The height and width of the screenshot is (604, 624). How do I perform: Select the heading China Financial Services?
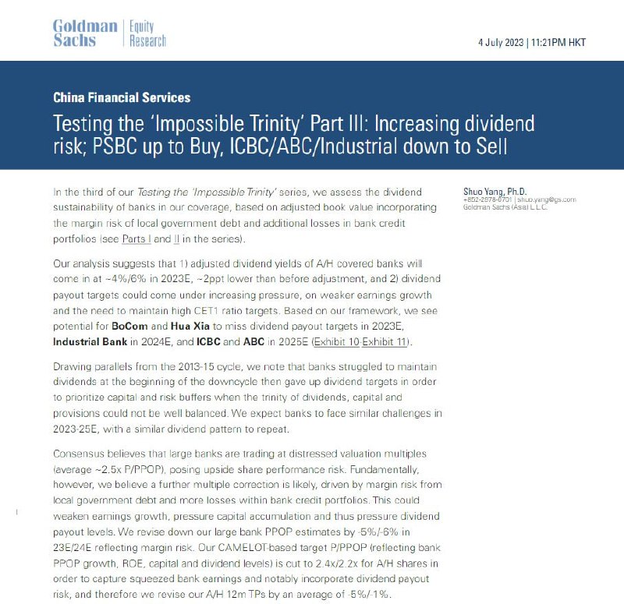point(121,98)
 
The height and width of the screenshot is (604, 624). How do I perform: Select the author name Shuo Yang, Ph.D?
point(495,192)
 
